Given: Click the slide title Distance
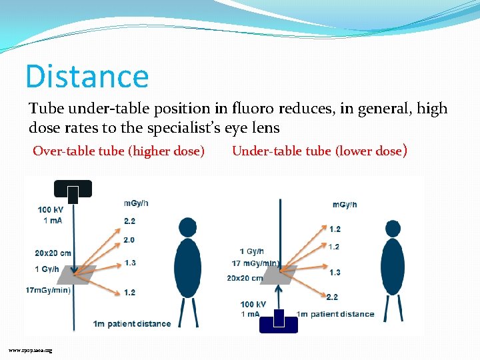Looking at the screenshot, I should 87,76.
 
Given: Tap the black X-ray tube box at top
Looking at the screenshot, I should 73,190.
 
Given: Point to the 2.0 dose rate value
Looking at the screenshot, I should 129,239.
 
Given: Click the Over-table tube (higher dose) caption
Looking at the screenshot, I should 119,151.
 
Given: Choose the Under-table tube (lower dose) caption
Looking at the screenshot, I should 319,151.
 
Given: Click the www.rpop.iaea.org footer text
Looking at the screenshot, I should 30,350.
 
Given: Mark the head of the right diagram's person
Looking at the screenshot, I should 393,229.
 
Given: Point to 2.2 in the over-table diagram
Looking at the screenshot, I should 129,221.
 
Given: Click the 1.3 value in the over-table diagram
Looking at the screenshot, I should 130,263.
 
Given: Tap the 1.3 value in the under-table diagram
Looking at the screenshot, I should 334,272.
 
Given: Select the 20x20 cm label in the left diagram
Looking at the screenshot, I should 53,253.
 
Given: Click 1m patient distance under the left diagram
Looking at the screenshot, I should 132,324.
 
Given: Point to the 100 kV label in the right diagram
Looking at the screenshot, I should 253,305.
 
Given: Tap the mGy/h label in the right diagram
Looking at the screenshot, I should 345,204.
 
